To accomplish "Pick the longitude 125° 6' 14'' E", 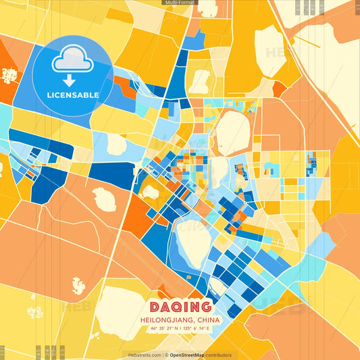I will (x=197, y=329).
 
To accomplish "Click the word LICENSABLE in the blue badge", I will (x=72, y=95).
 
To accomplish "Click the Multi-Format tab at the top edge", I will (x=180, y=3).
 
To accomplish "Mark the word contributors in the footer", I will (x=220, y=355).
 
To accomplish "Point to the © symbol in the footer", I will (x=167, y=355).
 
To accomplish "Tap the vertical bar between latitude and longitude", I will (x=180, y=329).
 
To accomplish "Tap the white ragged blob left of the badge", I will (x=9, y=76).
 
